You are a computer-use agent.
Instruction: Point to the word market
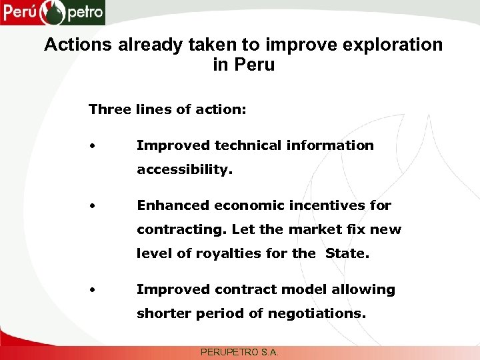[x=314, y=229]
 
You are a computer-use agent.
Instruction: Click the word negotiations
[x=319, y=313]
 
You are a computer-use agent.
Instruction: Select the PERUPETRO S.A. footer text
[x=239, y=351]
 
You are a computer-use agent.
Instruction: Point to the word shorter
[x=163, y=313]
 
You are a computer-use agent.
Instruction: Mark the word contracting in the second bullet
[x=182, y=229]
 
